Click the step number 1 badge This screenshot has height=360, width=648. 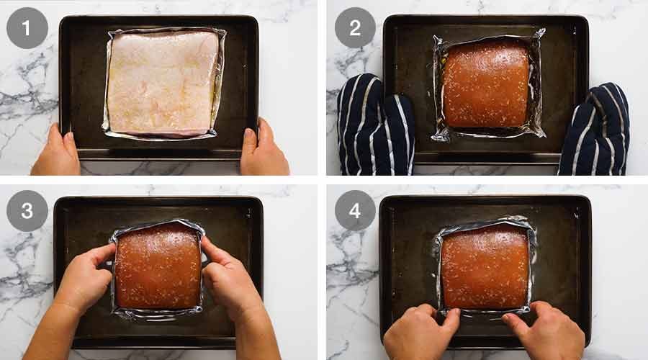(x=27, y=28)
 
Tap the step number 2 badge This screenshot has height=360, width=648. (x=355, y=28)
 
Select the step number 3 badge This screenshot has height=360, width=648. (x=27, y=210)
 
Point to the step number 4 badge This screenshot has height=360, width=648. (x=355, y=210)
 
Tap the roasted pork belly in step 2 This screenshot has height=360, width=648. (x=487, y=84)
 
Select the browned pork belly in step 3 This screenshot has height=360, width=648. (x=158, y=266)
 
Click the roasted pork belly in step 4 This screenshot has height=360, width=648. (x=484, y=266)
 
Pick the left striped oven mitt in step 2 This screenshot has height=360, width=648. (x=374, y=126)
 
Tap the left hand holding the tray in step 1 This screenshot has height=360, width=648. (x=56, y=153)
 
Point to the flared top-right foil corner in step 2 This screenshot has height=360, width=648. (x=539, y=34)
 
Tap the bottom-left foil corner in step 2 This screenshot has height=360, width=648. (x=437, y=135)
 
